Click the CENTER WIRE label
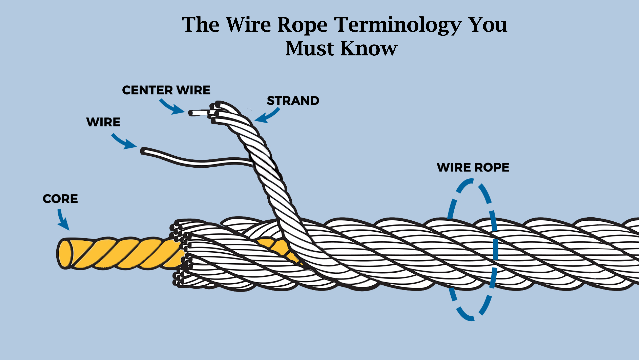click(166, 90)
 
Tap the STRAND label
click(293, 101)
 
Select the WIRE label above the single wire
click(103, 122)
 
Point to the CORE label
click(60, 199)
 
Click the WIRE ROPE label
click(473, 167)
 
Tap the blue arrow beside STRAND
click(267, 116)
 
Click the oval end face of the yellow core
click(65, 253)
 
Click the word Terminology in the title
click(398, 25)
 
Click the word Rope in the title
click(302, 25)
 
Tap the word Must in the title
click(309, 49)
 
